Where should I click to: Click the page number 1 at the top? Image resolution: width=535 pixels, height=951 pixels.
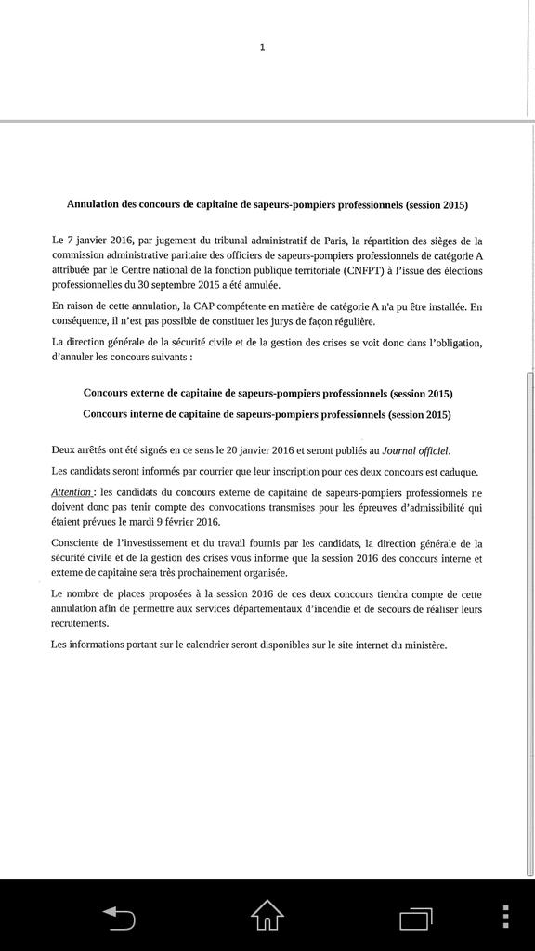point(263,47)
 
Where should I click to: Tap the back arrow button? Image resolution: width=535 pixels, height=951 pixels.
point(119,918)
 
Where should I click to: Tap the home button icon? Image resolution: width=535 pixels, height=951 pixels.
point(267,916)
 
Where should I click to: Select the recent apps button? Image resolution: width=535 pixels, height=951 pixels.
point(416,918)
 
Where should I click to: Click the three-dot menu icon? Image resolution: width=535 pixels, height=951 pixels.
point(505,917)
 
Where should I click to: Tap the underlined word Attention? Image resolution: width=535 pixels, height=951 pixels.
point(72,491)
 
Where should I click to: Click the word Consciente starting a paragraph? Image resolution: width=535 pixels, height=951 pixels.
point(78,543)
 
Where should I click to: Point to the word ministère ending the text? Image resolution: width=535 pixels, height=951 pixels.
point(423,645)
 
